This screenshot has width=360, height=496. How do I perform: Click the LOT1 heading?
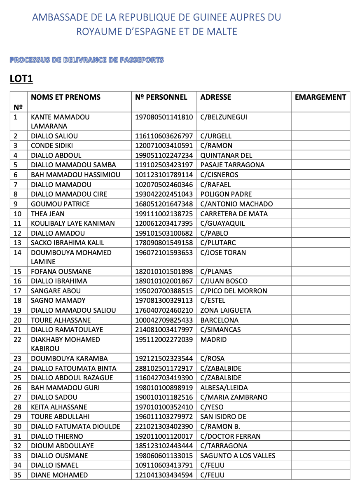[21, 79]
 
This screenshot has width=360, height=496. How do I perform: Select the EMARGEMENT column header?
[320, 97]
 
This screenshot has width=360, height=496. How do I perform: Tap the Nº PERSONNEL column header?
[161, 97]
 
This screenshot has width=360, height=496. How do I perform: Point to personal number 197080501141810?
[164, 117]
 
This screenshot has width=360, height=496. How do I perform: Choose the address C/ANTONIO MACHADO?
[236, 204]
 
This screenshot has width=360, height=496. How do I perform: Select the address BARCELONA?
[220, 320]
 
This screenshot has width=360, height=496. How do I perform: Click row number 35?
[17, 475]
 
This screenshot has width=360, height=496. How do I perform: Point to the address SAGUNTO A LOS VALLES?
[238, 456]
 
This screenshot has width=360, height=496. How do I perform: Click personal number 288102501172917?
[164, 368]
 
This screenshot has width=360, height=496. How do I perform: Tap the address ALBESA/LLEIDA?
[224, 388]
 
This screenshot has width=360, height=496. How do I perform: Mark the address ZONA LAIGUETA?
[226, 310]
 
